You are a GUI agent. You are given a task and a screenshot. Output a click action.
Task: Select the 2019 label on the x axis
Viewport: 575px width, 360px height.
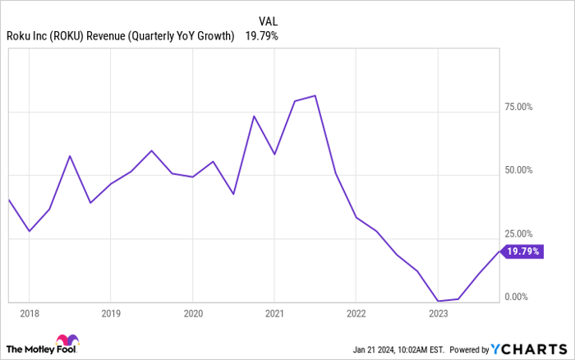pyautogui.click(x=111, y=313)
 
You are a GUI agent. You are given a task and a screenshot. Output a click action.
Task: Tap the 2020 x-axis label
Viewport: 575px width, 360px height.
pyautogui.click(x=193, y=313)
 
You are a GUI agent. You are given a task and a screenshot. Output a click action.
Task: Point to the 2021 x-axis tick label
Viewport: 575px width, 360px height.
pyautogui.click(x=275, y=313)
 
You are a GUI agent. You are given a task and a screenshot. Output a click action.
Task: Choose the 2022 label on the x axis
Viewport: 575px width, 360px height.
pyautogui.click(x=356, y=313)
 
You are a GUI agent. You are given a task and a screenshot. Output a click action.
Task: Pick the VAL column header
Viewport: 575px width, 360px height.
pyautogui.click(x=268, y=21)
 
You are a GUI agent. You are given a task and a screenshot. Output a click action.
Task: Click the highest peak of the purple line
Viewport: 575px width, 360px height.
pyautogui.click(x=315, y=96)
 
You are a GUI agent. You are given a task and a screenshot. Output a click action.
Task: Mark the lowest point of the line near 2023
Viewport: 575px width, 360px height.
pyautogui.click(x=439, y=301)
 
